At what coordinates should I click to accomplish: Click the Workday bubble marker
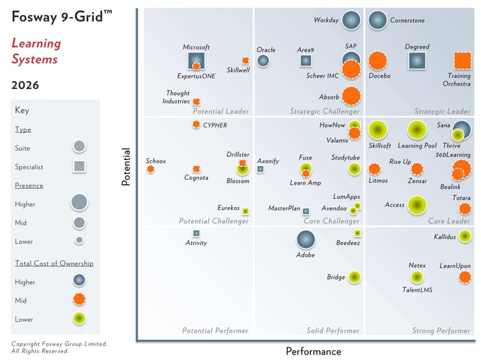click(x=350, y=21)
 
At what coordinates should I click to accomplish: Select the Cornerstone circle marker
click(x=377, y=21)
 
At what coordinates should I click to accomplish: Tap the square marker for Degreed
click(x=418, y=61)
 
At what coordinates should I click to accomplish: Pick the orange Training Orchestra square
click(x=462, y=61)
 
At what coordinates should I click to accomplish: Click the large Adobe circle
click(x=306, y=239)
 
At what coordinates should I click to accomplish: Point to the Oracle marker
click(x=263, y=61)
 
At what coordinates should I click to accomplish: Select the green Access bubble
click(x=417, y=205)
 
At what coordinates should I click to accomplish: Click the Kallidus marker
click(x=464, y=236)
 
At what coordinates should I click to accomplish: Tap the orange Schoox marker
click(x=150, y=169)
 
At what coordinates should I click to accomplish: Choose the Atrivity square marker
click(x=196, y=233)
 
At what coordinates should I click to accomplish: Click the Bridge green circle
click(x=353, y=277)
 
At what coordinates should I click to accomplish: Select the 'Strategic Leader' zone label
click(x=442, y=111)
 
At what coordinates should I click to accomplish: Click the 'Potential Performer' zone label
click(x=215, y=330)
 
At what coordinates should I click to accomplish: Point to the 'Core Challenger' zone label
click(x=331, y=221)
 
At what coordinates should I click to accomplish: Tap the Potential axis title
click(x=125, y=167)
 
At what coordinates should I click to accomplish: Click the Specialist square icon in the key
click(x=79, y=166)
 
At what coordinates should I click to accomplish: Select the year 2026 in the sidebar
click(x=25, y=86)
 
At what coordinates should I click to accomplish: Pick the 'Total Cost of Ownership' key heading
click(x=54, y=264)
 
